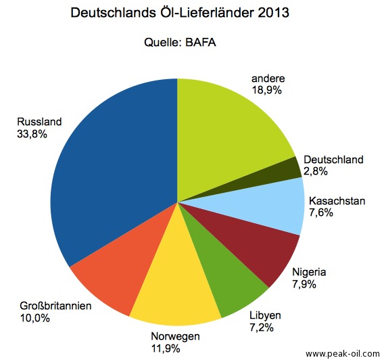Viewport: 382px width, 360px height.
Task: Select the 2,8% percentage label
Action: pos(315,172)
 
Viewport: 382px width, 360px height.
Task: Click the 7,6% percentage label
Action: pos(323,212)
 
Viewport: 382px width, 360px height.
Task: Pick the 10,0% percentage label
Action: pos(34,318)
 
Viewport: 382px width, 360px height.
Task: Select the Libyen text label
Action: pos(265,316)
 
